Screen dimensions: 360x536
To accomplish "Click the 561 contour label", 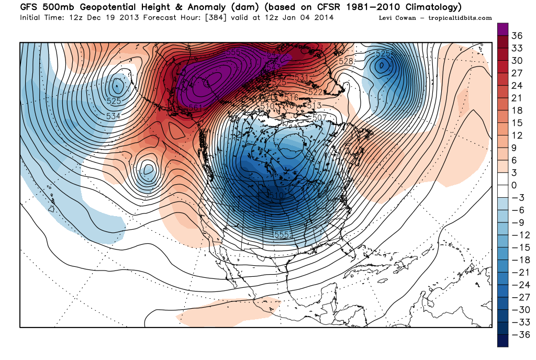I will click(195, 108).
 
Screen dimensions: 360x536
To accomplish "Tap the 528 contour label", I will click(346, 61).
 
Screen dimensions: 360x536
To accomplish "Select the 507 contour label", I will click(319, 117).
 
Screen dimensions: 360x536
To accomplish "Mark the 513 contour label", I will click(314, 105).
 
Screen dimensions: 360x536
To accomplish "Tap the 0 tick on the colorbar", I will click(515, 185).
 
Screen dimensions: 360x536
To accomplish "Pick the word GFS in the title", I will click(30, 7).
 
